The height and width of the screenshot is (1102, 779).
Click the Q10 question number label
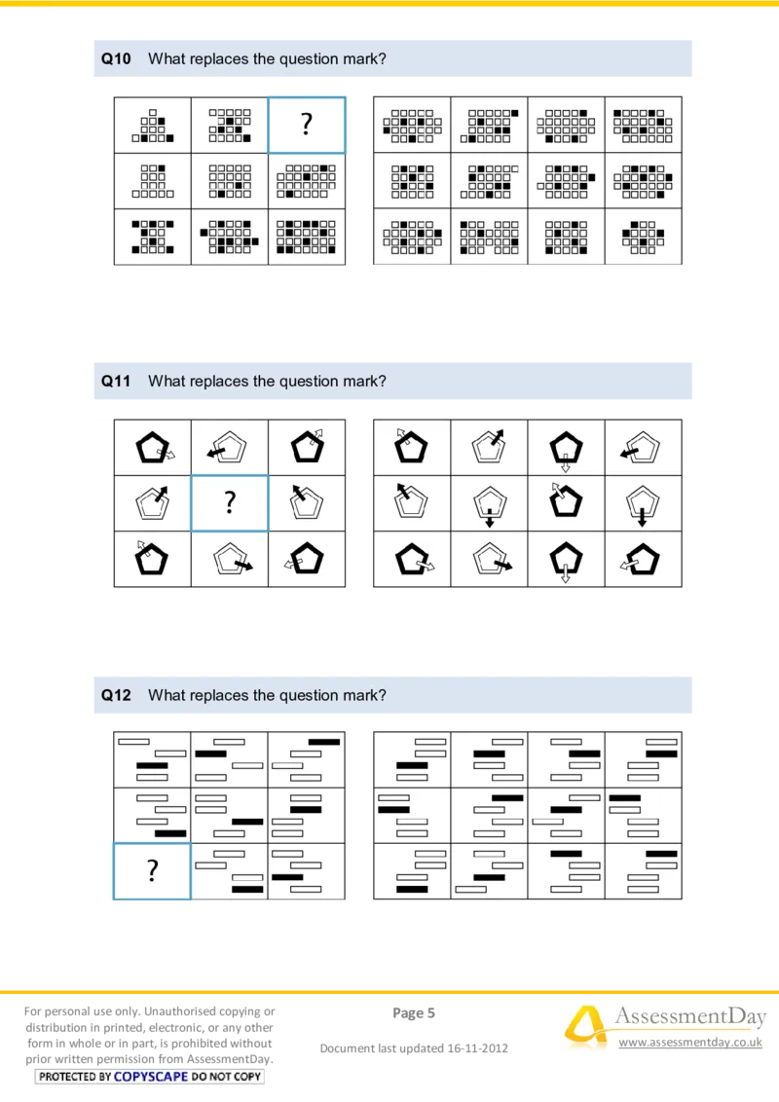[x=116, y=59]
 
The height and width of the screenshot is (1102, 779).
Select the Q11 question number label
[x=116, y=382]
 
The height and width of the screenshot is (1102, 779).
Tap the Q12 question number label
[x=116, y=695]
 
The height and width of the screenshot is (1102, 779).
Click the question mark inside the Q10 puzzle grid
[x=307, y=125]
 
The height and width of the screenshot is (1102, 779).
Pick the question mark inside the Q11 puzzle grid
[x=230, y=502]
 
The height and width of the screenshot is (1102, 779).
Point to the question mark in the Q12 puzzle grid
[x=152, y=870]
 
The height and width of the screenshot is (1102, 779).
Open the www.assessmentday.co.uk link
[x=690, y=1043]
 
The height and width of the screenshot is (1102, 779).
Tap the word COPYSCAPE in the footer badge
[x=151, y=1077]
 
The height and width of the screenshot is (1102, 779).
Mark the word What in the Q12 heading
[x=165, y=695]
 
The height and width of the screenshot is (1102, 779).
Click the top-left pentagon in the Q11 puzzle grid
[x=151, y=447]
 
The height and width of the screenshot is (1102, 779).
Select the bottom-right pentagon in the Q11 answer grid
[x=642, y=561]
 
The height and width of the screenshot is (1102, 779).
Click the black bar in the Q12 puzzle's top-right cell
[x=323, y=742]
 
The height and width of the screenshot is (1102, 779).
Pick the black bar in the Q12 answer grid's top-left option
[x=412, y=766]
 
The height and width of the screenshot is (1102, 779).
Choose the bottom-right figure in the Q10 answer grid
[x=643, y=237]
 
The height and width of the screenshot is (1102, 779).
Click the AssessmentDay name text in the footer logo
[x=689, y=1017]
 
